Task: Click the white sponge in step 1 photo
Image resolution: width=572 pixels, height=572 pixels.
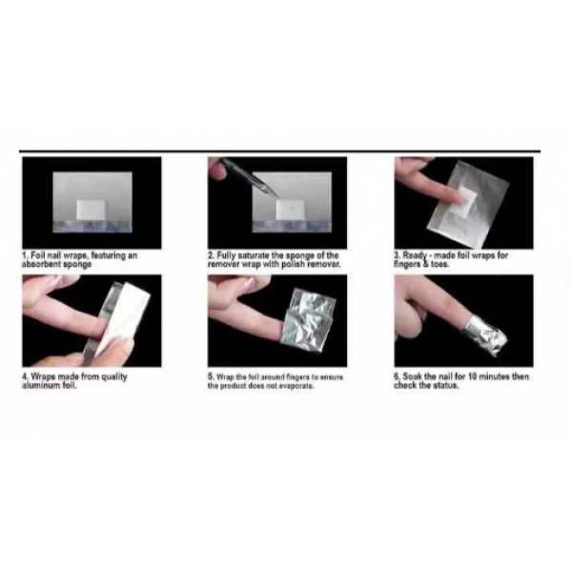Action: click(91, 210)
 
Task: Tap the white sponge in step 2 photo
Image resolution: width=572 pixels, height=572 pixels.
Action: click(291, 210)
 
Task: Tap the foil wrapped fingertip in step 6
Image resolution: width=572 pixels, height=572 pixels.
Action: click(485, 336)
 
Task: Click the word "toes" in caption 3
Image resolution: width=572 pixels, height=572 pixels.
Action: click(440, 264)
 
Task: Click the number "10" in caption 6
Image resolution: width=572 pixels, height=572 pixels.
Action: click(473, 377)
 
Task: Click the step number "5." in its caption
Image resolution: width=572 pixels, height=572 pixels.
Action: click(211, 377)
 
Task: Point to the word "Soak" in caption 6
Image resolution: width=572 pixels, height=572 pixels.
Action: click(412, 377)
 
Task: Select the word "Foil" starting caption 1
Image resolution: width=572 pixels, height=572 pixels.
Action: click(37, 255)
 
